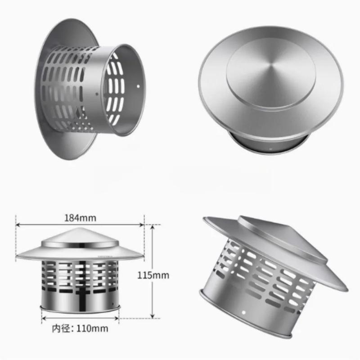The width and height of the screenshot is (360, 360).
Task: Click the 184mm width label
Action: point(80,218)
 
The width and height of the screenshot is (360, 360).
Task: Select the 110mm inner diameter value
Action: point(92,328)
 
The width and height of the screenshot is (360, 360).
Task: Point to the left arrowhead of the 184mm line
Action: point(18,224)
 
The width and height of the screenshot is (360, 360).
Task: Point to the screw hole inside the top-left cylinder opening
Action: point(137,84)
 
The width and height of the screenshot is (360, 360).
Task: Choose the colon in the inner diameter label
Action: point(73,328)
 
